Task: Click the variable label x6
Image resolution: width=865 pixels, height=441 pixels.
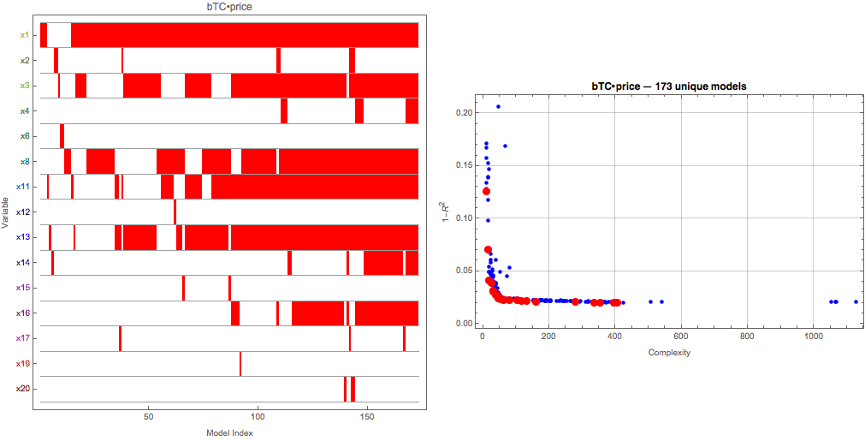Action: [x=24, y=136]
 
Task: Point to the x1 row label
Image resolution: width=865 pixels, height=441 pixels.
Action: [x=24, y=35]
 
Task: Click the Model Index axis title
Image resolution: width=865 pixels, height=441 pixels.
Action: [x=229, y=432]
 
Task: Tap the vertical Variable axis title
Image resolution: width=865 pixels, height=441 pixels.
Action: [x=6, y=212]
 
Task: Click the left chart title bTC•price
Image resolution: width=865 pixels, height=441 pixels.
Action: [x=229, y=7]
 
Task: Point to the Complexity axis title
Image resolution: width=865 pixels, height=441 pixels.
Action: [x=669, y=353]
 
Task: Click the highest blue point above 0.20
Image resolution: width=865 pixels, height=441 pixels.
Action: [x=498, y=106]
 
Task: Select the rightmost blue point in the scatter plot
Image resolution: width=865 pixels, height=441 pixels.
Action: [x=856, y=301]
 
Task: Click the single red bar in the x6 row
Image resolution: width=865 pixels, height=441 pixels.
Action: [x=62, y=136]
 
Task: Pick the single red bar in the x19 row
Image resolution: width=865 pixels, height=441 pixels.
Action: [x=240, y=364]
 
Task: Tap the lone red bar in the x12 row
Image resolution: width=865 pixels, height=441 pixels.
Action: [x=175, y=212]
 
